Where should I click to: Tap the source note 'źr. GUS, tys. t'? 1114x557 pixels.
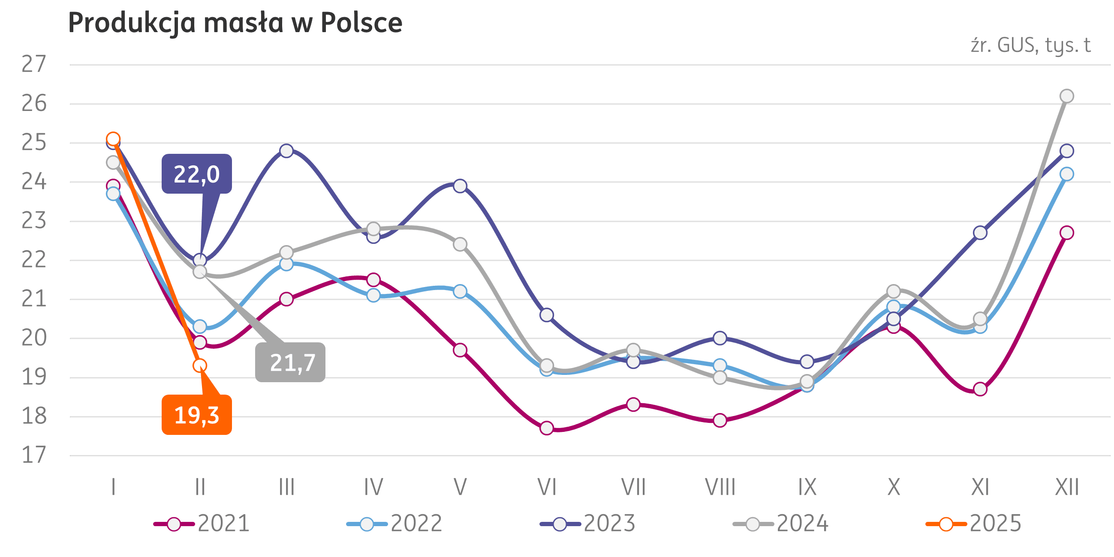pos(1030,45)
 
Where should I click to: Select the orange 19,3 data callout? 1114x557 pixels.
pos(197,415)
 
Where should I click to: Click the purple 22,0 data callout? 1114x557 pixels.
pos(197,174)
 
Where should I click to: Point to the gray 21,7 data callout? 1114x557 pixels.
pos(290,362)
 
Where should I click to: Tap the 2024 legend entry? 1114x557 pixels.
pos(781,524)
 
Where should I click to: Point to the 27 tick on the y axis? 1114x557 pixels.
pos(34,64)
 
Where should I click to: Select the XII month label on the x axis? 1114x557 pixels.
pos(1067,488)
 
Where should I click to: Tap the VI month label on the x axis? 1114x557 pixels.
pos(547,488)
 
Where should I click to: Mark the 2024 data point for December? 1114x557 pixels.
pos(1067,96)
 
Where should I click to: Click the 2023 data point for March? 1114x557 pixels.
pos(286,151)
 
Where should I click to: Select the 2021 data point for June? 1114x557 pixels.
pos(547,428)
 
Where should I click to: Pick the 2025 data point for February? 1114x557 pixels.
pos(199,365)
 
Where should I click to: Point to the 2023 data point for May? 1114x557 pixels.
pos(460,186)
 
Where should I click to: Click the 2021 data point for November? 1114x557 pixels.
pos(980,389)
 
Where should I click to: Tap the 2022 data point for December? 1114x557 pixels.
pos(1067,174)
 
